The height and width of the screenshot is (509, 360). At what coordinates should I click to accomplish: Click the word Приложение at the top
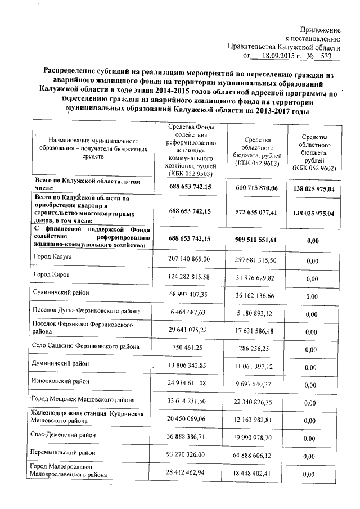click(320, 29)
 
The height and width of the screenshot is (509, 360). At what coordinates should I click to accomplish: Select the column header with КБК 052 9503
click(189, 150)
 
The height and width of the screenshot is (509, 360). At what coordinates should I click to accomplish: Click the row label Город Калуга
click(55, 257)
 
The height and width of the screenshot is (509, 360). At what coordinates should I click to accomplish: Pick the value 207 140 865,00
click(189, 259)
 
